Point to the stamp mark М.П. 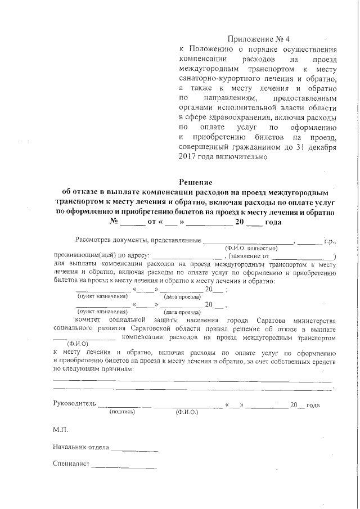point(60,430)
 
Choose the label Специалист point(71,465)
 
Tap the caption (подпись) point(123,412)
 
